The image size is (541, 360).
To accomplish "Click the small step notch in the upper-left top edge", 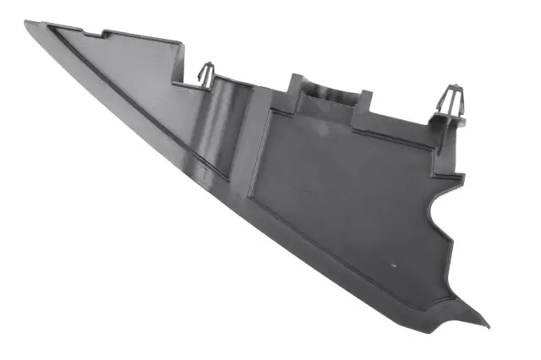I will [105, 35].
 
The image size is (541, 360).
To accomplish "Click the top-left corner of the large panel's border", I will [271, 112].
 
